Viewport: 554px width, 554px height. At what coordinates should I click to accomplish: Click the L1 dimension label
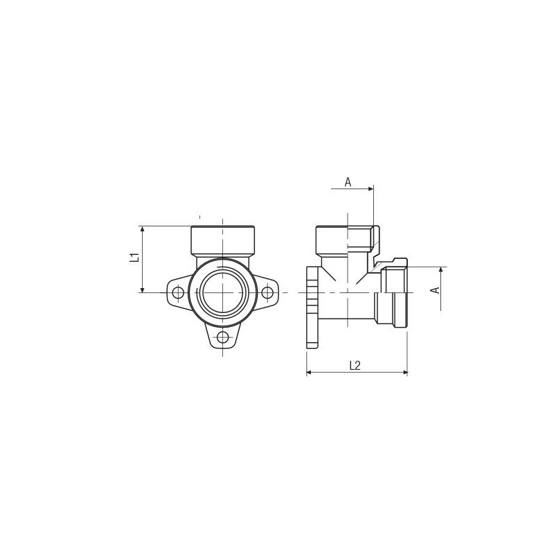click(x=134, y=257)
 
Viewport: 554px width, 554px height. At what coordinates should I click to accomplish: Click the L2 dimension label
click(x=355, y=366)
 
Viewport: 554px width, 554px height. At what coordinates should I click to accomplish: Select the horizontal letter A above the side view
click(x=348, y=182)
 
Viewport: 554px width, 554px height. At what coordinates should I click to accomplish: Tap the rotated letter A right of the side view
click(x=436, y=290)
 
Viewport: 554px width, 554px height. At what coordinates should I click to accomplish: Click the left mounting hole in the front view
click(x=178, y=292)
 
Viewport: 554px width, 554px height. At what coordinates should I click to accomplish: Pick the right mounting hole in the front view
click(x=267, y=292)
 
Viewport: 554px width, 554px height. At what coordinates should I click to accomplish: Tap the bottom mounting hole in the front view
click(x=222, y=337)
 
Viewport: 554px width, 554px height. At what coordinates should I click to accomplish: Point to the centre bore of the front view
click(x=222, y=292)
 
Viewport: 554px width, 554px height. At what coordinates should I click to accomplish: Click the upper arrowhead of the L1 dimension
click(x=143, y=229)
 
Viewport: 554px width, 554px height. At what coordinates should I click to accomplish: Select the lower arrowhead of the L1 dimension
click(x=143, y=289)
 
